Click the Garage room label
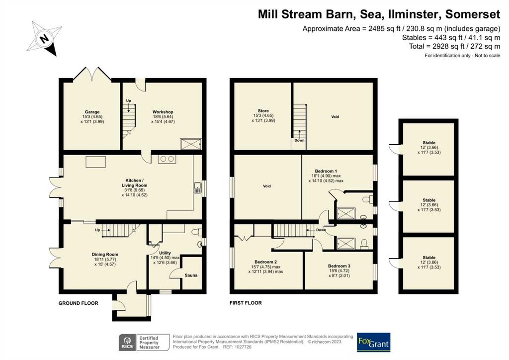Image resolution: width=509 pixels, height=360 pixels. pyautogui.click(x=92, y=112)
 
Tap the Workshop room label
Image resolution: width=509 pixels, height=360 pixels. pyautogui.click(x=163, y=112)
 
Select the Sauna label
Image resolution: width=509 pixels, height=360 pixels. pyautogui.click(x=191, y=275)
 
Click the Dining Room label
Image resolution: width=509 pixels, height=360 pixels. pyautogui.click(x=105, y=255)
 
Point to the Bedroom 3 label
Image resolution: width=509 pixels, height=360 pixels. pyautogui.click(x=339, y=266)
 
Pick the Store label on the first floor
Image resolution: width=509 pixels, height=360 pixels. pyautogui.click(x=263, y=111)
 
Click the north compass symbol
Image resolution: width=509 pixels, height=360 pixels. pyautogui.click(x=44, y=39)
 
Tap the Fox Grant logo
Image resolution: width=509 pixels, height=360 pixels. pyautogui.click(x=373, y=342)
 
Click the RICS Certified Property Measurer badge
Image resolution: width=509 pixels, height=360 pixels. pyautogui.click(x=144, y=343)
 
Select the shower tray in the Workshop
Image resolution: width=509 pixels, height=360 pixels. pyautogui.click(x=191, y=144)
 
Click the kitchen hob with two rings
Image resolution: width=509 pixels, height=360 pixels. pyautogui.click(x=167, y=159)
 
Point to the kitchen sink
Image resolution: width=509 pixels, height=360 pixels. pyautogui.click(x=198, y=188)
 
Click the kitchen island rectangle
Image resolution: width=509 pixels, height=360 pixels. pyautogui.click(x=96, y=162)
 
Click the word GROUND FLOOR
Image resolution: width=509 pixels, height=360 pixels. pyautogui.click(x=78, y=303)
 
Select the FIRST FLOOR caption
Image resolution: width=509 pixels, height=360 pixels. pyautogui.click(x=246, y=303)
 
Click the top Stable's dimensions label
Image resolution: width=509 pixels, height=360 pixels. pyautogui.click(x=429, y=150)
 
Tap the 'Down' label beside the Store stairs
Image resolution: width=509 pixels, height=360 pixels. pyautogui.click(x=299, y=141)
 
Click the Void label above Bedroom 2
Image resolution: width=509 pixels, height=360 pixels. pyautogui.click(x=267, y=186)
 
